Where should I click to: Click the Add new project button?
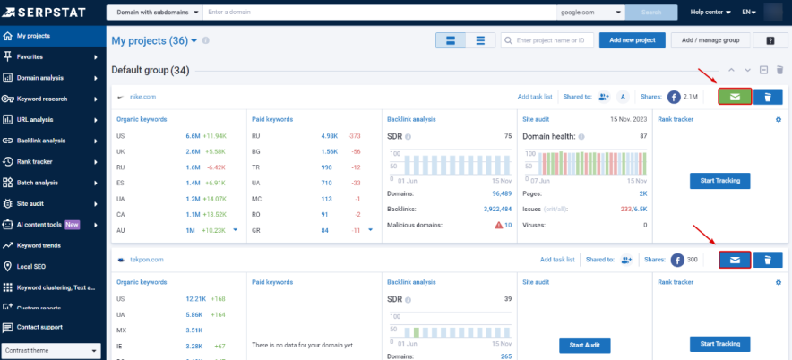click(632, 40)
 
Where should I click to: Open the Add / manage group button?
click(710, 40)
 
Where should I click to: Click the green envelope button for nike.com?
click(735, 97)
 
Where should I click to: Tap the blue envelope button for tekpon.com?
click(735, 260)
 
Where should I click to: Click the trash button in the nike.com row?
click(768, 97)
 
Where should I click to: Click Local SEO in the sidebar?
click(33, 266)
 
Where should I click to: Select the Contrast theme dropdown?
click(51, 351)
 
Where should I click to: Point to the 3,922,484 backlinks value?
click(490, 209)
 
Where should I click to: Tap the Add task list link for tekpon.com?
click(557, 260)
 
